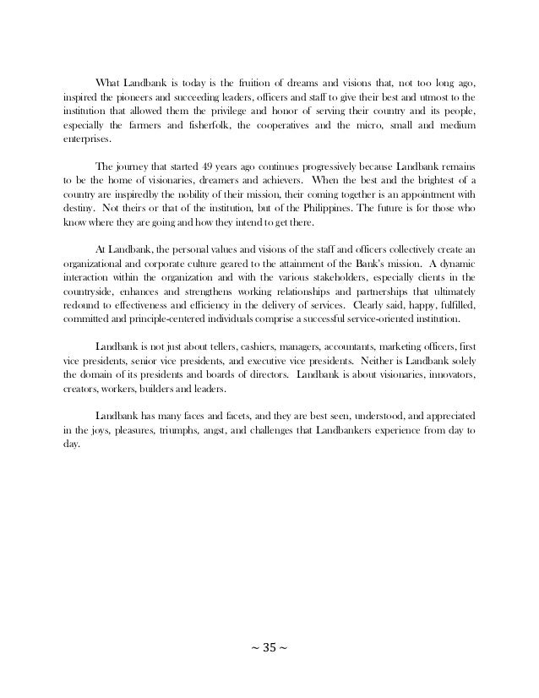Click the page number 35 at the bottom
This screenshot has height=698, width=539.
269,650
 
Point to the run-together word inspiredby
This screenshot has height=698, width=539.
149,194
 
